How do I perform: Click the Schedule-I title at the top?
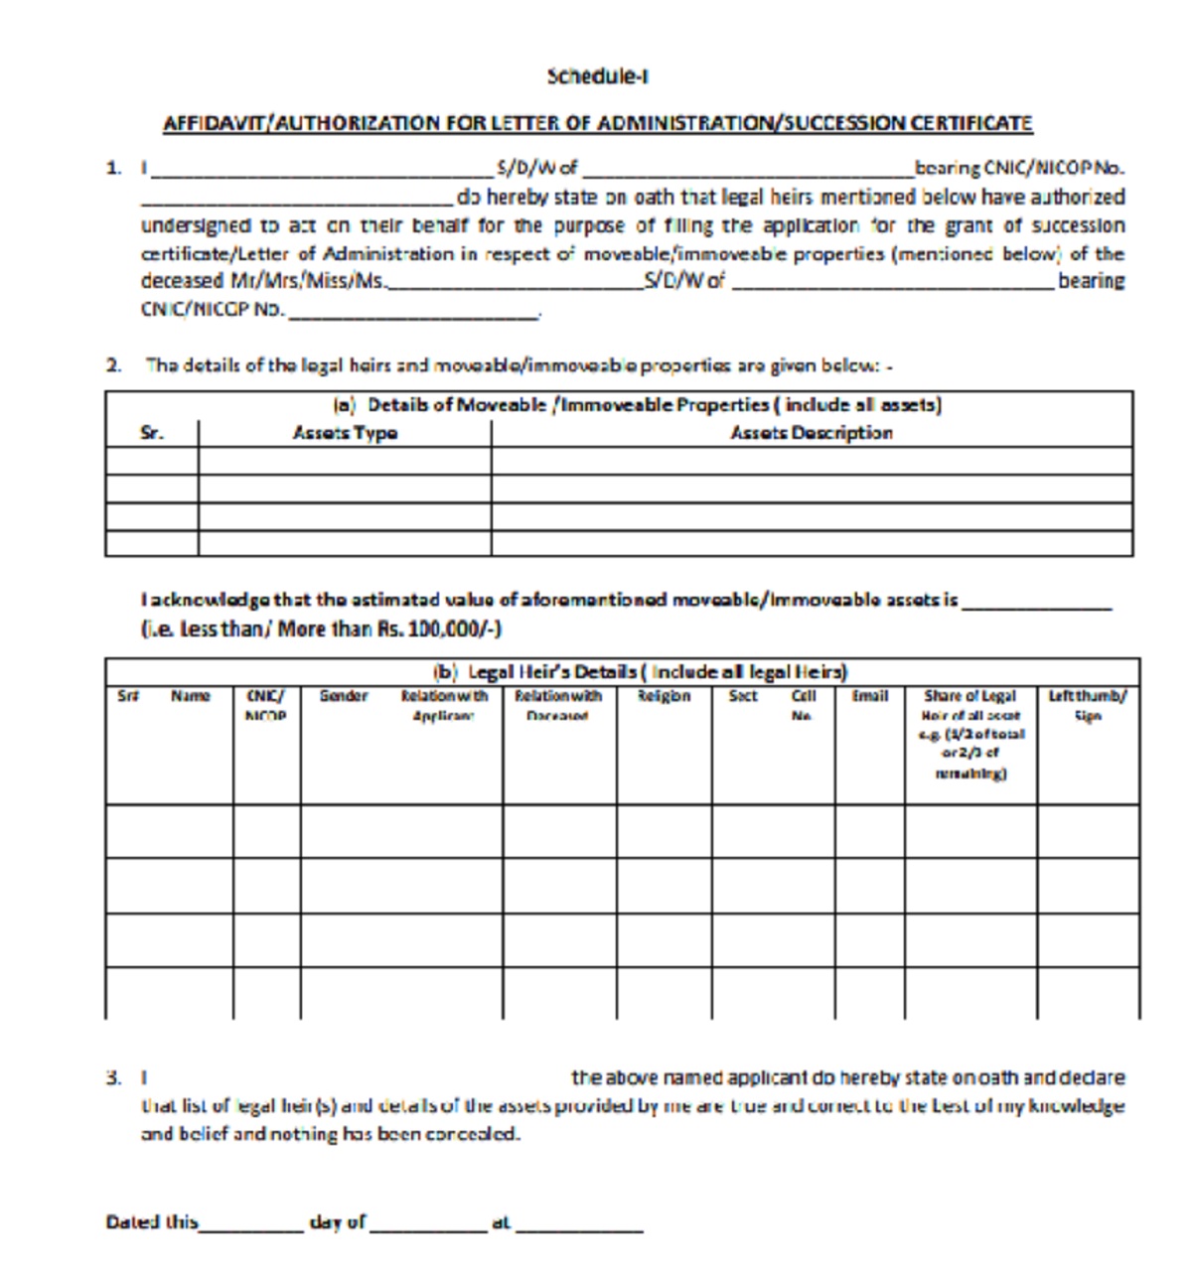(x=597, y=75)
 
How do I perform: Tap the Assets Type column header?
(x=345, y=433)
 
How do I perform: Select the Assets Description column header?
(x=811, y=433)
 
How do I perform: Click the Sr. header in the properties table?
(x=152, y=433)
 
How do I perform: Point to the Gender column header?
(x=344, y=696)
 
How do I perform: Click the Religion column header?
(x=664, y=696)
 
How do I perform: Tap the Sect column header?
(x=743, y=696)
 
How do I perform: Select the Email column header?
(x=869, y=696)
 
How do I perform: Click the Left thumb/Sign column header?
(x=1088, y=705)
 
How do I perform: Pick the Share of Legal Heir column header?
(x=970, y=734)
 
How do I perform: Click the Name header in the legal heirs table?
(x=190, y=696)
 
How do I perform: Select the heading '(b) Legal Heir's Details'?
(x=640, y=671)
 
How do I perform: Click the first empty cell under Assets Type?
(x=344, y=461)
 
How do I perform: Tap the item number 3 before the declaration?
(x=113, y=1077)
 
